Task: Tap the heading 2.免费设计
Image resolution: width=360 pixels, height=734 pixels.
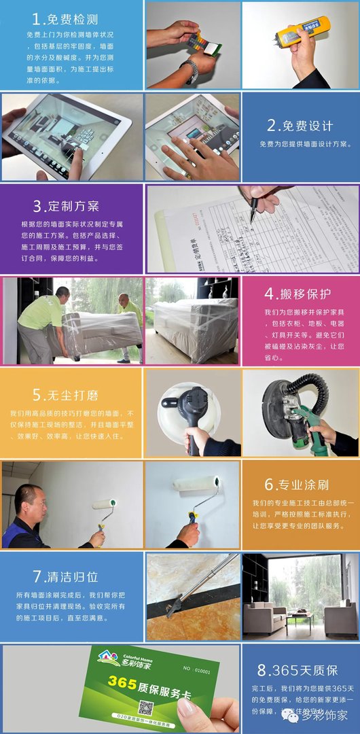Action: coord(300,126)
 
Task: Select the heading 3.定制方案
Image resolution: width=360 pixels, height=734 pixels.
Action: coord(66,206)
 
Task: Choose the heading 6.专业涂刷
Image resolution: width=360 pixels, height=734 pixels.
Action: coord(297,485)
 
